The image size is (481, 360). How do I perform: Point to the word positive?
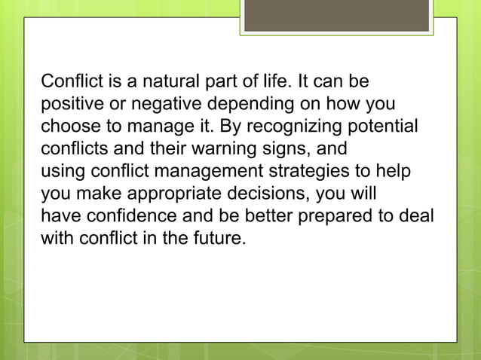[x=69, y=102]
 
